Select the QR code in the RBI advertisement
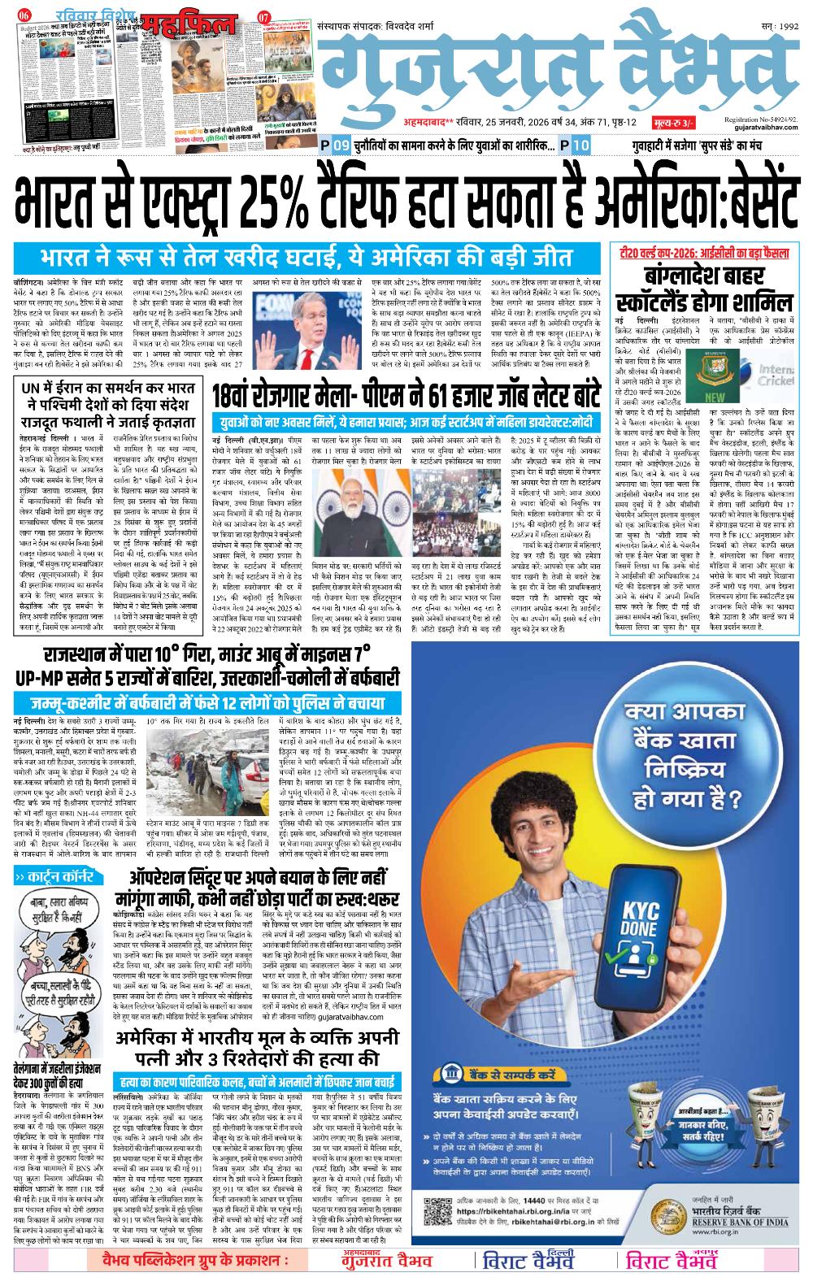pyautogui.click(x=437, y=1211)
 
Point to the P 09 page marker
pyautogui.click(x=335, y=145)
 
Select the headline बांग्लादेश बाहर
pyautogui.click(x=702, y=277)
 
